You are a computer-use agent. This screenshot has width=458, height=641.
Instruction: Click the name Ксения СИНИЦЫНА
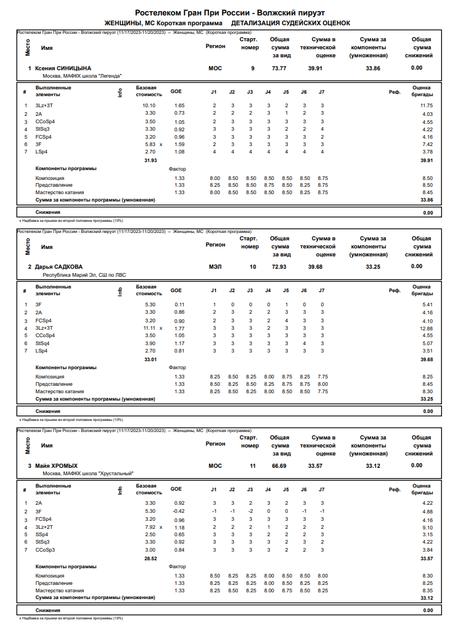(x=63, y=68)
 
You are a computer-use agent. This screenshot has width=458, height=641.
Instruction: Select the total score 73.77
(x=279, y=68)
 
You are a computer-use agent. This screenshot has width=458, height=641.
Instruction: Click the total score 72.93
(x=279, y=266)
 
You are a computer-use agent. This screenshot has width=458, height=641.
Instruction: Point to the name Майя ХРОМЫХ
(x=57, y=466)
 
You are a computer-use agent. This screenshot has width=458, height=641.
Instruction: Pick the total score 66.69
(x=279, y=466)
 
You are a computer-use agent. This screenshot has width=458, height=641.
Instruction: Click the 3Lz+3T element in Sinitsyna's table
(x=44, y=106)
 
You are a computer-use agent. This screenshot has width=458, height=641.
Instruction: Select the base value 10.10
(x=149, y=106)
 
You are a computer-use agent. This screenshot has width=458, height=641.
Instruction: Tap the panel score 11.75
(x=426, y=106)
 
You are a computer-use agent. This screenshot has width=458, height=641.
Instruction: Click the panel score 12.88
(x=426, y=329)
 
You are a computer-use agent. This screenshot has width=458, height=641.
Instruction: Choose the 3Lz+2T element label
(x=44, y=527)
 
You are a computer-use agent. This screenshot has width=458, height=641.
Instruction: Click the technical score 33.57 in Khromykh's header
(x=315, y=466)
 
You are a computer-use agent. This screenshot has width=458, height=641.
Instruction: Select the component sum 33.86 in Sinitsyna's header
(x=373, y=68)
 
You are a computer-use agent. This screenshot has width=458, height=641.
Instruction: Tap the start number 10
(x=253, y=266)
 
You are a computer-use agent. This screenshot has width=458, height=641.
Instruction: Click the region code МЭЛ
(x=215, y=266)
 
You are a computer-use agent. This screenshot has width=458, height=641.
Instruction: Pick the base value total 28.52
(x=150, y=558)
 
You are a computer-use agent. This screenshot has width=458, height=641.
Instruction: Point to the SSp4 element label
(x=42, y=534)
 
